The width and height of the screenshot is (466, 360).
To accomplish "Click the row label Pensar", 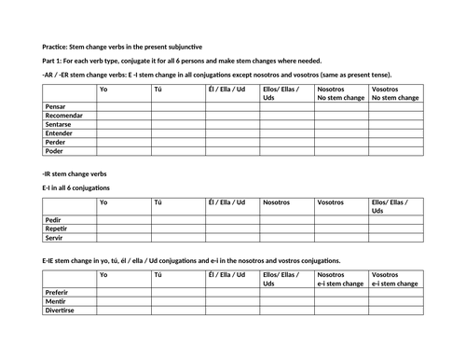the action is (57, 106).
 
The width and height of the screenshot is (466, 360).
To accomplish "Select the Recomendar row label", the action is (64, 116).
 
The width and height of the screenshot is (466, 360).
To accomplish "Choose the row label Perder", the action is (56, 144).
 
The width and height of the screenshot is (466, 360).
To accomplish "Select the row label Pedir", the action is (54, 220).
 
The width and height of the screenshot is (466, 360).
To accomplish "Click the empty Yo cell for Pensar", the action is (124, 106).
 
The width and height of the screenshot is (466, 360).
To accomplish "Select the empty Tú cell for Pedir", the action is (178, 220).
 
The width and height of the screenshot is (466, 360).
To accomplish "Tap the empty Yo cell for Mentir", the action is (124, 301).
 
